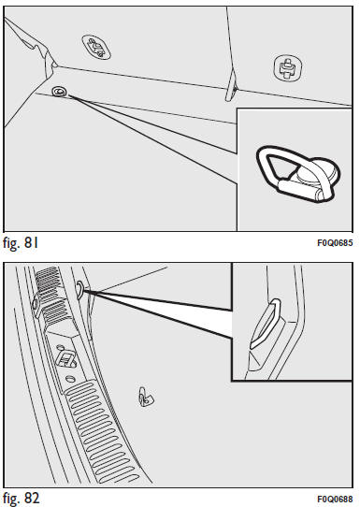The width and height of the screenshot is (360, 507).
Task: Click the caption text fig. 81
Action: click(21, 242)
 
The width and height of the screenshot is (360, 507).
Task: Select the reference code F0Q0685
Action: click(335, 243)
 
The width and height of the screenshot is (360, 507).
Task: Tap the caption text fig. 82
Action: click(22, 498)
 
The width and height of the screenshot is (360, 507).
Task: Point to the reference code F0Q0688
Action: click(335, 499)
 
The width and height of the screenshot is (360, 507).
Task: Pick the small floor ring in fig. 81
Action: click(59, 92)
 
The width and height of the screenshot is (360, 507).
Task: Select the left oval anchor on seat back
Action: click(96, 48)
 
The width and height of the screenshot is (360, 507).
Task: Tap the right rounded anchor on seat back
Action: click(288, 68)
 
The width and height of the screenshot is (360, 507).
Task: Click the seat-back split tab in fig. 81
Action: click(232, 86)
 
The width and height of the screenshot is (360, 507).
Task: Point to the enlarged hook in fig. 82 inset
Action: click(266, 325)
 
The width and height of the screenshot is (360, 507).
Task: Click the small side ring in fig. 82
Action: click(79, 289)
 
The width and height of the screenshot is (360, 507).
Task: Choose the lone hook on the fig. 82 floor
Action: click(146, 396)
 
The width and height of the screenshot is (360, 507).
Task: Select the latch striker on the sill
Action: click(66, 359)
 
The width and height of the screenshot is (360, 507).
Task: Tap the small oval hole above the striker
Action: click(60, 348)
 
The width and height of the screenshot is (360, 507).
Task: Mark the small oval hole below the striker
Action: click(71, 378)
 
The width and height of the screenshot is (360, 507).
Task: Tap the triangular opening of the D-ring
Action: click(281, 166)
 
